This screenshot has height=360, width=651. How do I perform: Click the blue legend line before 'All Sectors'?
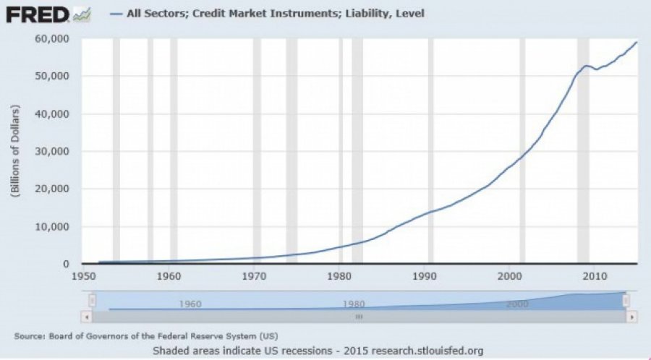(x=116, y=14)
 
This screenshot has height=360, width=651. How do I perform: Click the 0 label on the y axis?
(x=67, y=264)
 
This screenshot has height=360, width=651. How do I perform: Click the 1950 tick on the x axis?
(x=83, y=276)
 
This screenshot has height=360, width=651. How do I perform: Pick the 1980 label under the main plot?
(x=339, y=276)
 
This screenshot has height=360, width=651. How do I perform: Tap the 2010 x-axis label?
(x=595, y=276)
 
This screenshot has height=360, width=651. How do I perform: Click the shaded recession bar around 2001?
(x=522, y=151)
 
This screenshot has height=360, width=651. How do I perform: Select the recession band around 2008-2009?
(x=583, y=151)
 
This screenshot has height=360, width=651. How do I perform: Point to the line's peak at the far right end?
(x=637, y=42)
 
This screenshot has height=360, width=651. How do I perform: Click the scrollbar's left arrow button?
(x=86, y=317)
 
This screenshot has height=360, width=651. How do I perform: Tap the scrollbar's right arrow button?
(x=631, y=317)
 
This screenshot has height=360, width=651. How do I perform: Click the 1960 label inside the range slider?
(x=190, y=304)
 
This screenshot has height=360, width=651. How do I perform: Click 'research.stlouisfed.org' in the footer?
(x=426, y=351)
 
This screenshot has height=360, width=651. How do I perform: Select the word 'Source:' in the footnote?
(x=30, y=336)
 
